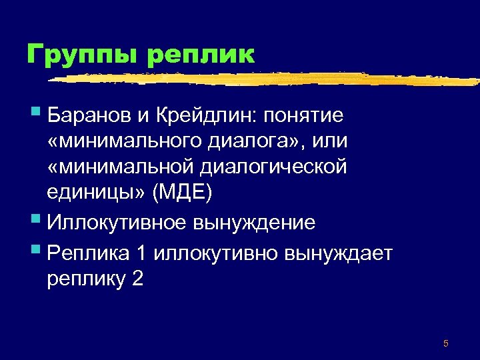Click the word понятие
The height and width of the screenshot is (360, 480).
tap(305, 116)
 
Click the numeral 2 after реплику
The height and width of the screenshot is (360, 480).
tap(137, 278)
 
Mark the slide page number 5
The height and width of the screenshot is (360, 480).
tap(445, 344)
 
